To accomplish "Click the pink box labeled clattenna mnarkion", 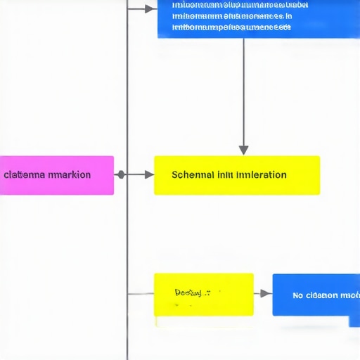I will click(56, 175).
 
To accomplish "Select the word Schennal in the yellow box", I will click(193, 174).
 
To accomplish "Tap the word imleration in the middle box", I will click(262, 174).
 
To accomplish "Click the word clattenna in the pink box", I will click(25, 174).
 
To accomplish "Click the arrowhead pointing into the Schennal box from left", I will click(149, 174).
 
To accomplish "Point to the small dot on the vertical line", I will click(121, 174).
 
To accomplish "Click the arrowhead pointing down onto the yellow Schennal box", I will click(243, 150).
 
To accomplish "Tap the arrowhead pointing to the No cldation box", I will click(265, 293).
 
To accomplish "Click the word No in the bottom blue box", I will click(298, 295).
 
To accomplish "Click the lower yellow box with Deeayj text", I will click(204, 295).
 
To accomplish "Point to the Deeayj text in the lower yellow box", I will click(188, 292).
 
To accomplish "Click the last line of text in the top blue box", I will click(231, 28).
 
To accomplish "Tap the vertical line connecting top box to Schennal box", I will click(243, 91).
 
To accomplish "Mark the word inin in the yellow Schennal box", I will click(226, 174).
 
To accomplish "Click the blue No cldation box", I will click(316, 295).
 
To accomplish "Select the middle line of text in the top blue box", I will click(232, 15).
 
